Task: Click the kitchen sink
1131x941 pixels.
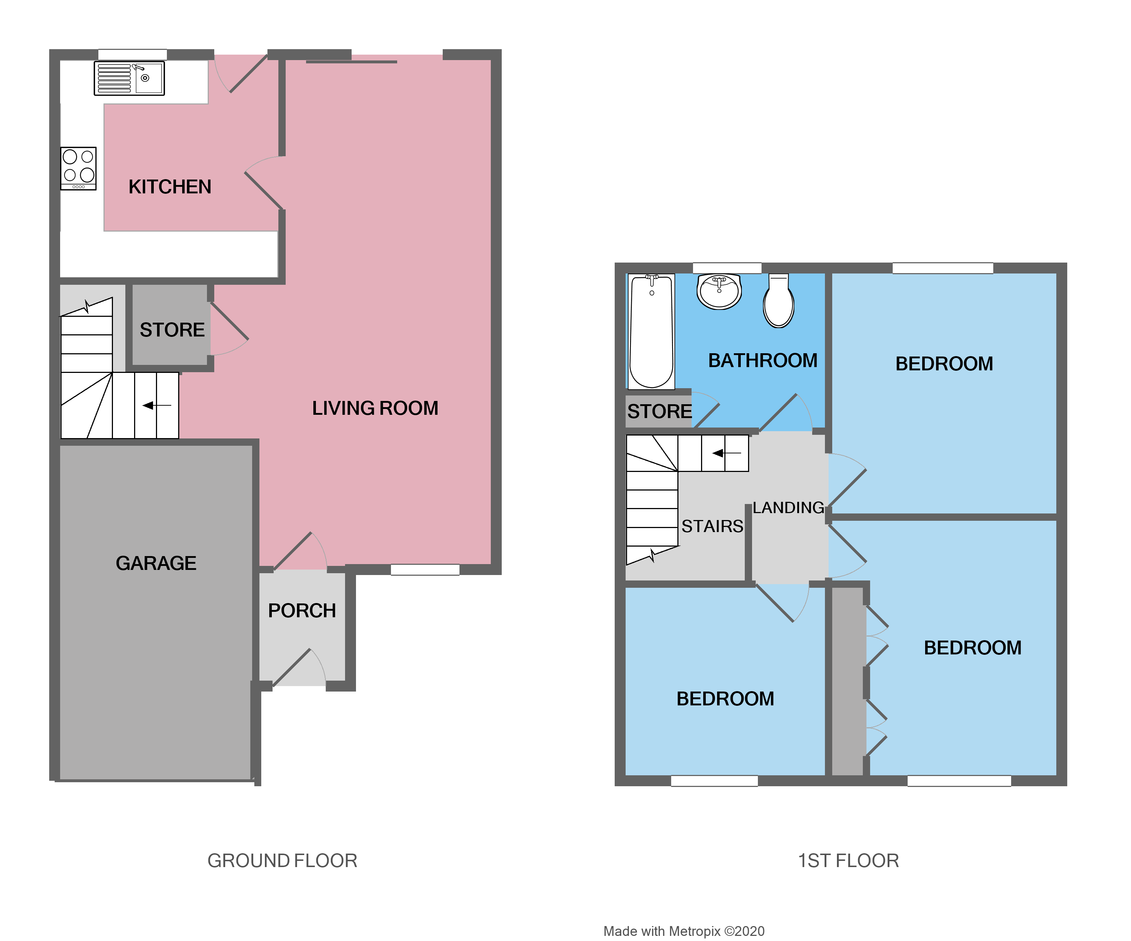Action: coord(129,78)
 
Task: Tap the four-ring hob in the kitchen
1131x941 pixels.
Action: coord(79,168)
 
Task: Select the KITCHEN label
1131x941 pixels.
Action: coord(170,187)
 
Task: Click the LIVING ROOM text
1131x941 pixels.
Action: coord(375,408)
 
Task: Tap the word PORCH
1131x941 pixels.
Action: coord(302,610)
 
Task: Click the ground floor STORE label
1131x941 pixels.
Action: coord(172,330)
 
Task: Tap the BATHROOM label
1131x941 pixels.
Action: coord(763,360)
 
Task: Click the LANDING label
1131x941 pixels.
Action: coord(788,507)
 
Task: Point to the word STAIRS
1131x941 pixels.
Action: coord(712,526)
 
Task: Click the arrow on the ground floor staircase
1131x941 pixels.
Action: coord(156,405)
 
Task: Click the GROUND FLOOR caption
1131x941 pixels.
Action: coord(282,860)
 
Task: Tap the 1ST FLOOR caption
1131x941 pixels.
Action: coord(848,860)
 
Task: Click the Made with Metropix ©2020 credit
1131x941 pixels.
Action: coord(684,931)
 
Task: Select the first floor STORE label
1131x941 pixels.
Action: coord(659,411)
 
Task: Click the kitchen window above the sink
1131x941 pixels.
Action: coord(133,54)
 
